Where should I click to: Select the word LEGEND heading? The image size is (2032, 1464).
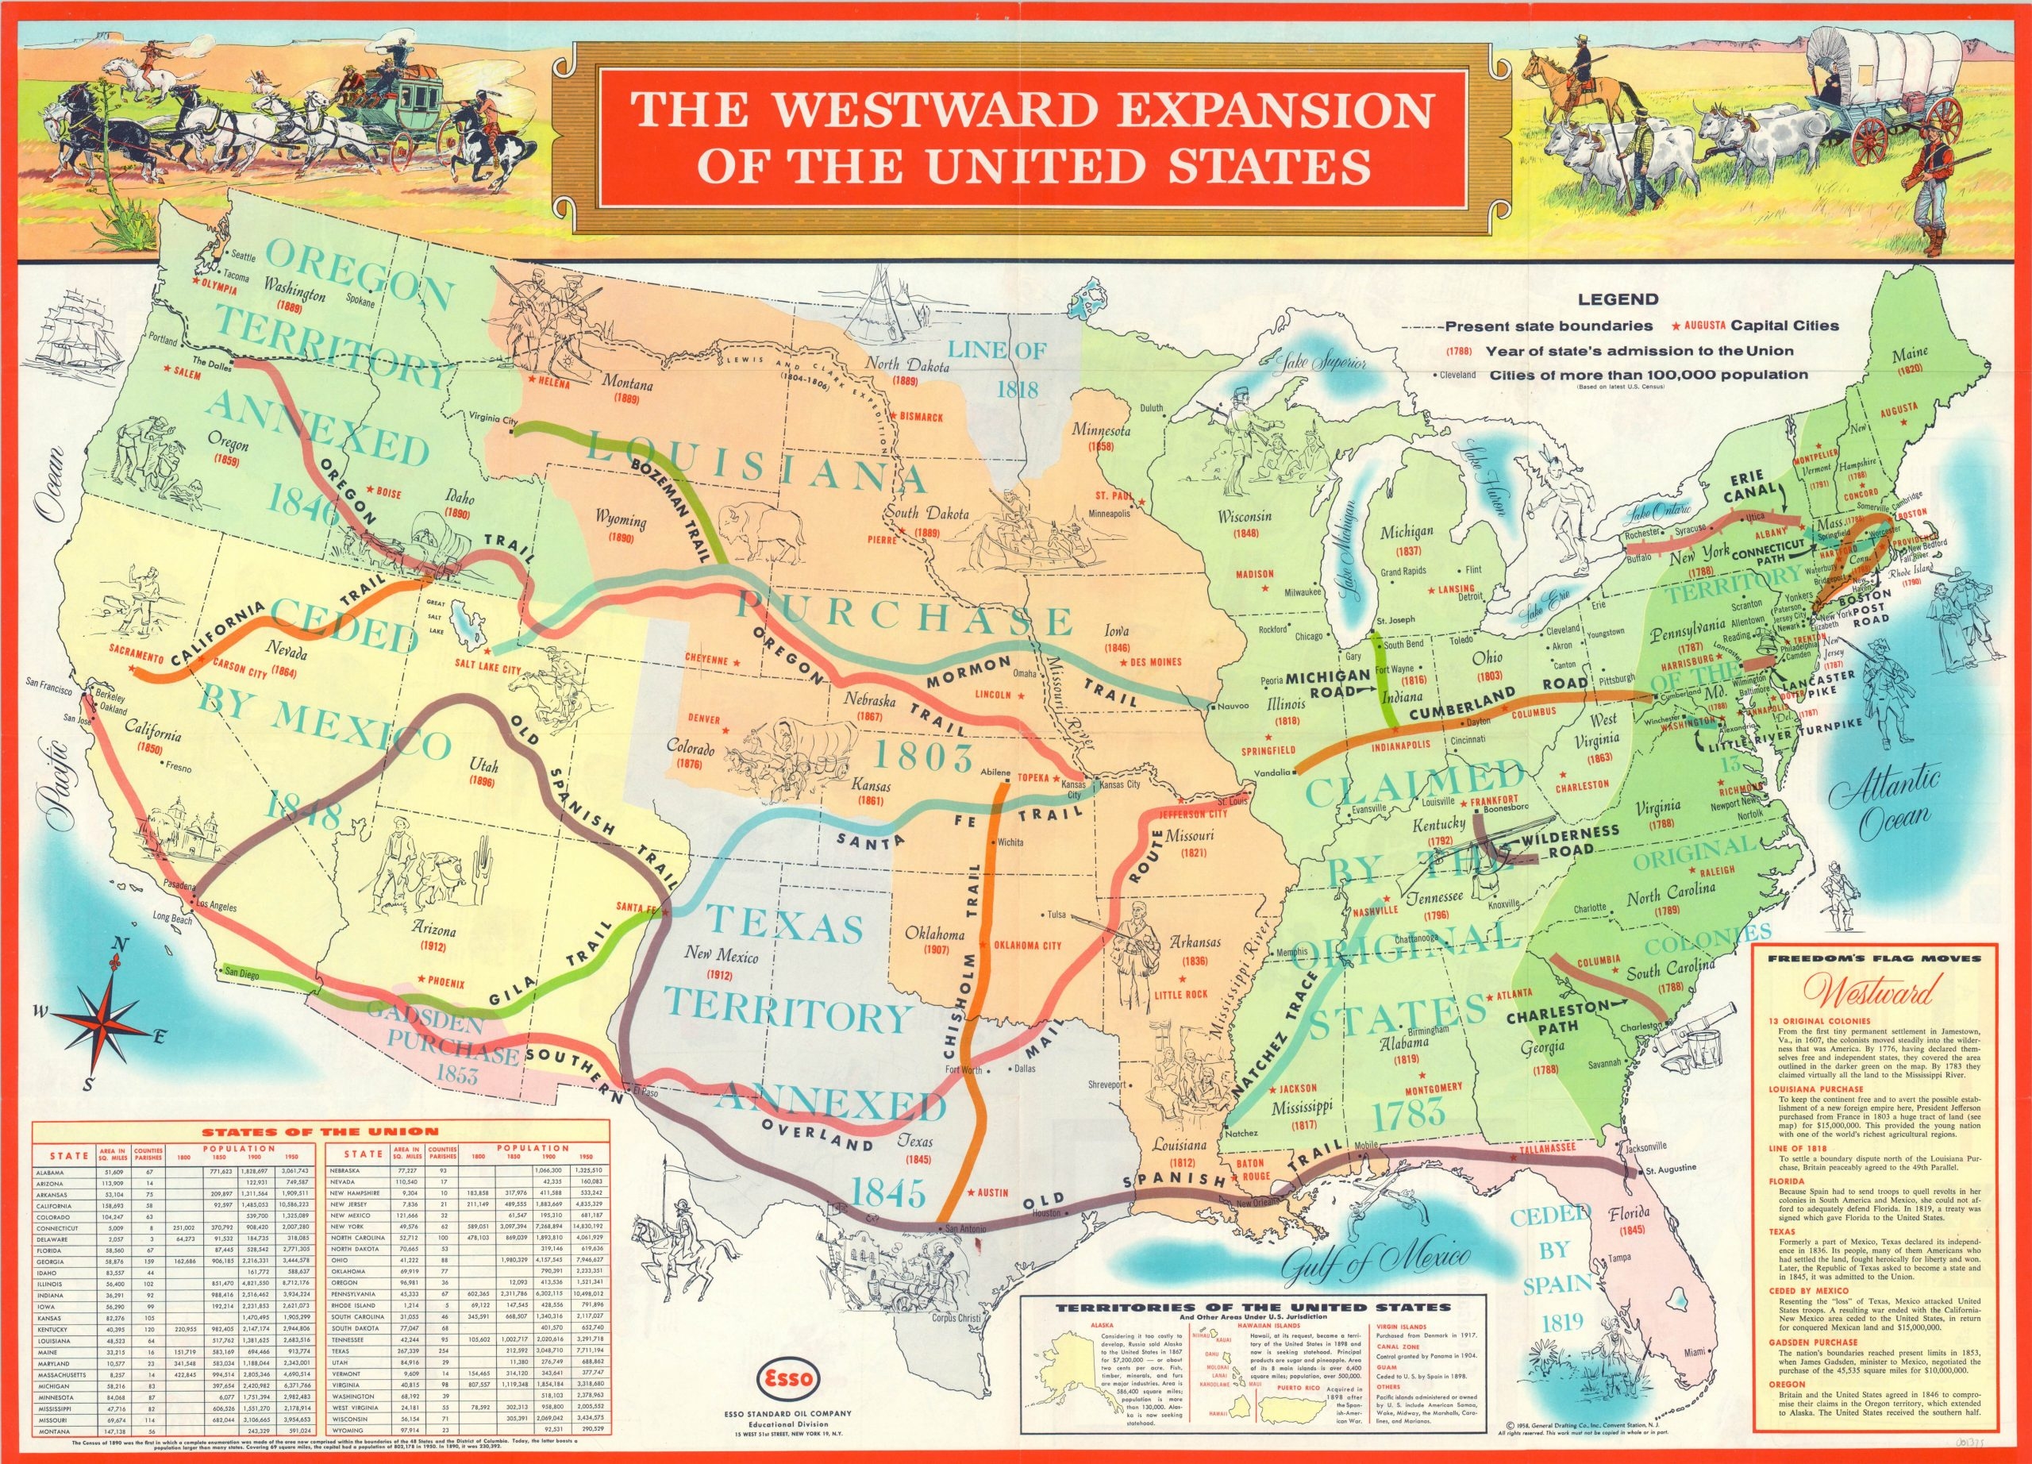[1618, 299]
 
